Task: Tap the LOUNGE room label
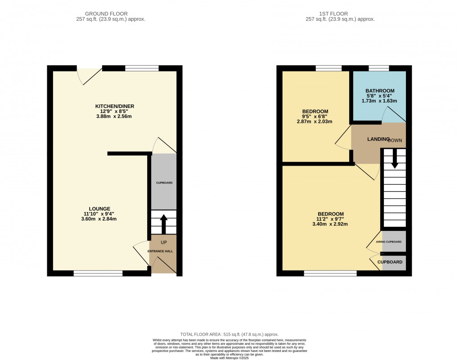(100, 208)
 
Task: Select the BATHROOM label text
(380, 90)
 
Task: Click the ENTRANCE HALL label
(160, 251)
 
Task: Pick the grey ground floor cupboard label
(164, 183)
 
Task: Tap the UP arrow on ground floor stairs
(163, 223)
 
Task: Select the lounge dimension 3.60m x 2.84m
(100, 219)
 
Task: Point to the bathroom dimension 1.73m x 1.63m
(380, 101)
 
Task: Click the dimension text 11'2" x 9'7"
(331, 219)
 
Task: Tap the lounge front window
(98, 273)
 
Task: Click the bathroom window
(379, 68)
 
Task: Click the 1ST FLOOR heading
(340, 14)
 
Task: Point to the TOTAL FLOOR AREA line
(229, 334)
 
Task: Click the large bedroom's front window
(330, 273)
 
